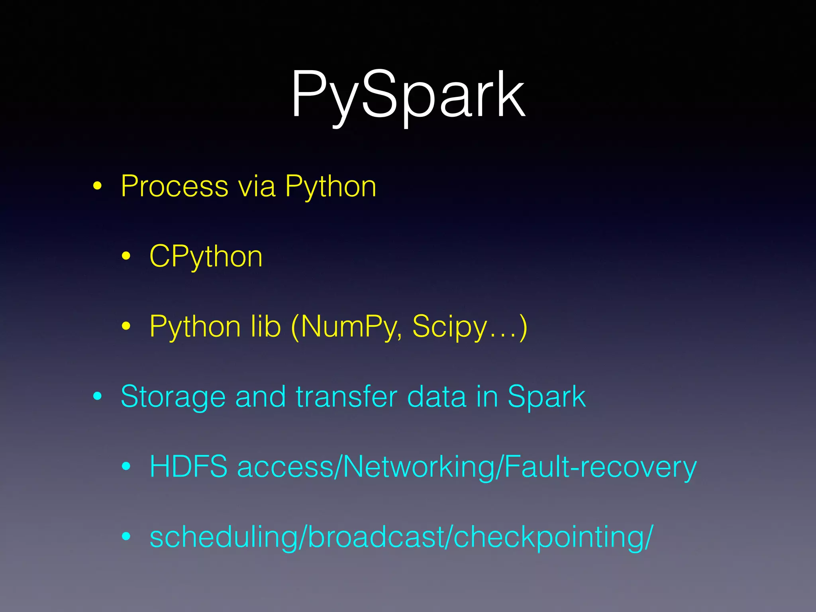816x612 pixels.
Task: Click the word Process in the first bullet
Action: [x=175, y=186]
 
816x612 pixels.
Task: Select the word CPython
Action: [x=206, y=256]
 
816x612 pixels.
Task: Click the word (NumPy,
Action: [x=346, y=326]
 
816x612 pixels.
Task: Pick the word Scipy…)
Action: [x=470, y=326]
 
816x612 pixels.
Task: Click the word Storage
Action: [x=173, y=396]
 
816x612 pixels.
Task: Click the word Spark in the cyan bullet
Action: [x=546, y=396]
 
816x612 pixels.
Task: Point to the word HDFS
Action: [x=188, y=467]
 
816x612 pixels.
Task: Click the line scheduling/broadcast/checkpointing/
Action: [x=401, y=537]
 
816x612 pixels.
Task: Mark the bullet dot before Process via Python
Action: [x=98, y=186]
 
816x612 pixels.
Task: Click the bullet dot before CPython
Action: [x=126, y=256]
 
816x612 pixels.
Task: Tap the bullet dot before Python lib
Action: [x=126, y=326]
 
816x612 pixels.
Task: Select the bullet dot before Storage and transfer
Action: [x=98, y=396]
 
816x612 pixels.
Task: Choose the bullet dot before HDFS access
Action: [x=126, y=466]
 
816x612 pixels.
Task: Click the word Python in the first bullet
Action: [x=331, y=186]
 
